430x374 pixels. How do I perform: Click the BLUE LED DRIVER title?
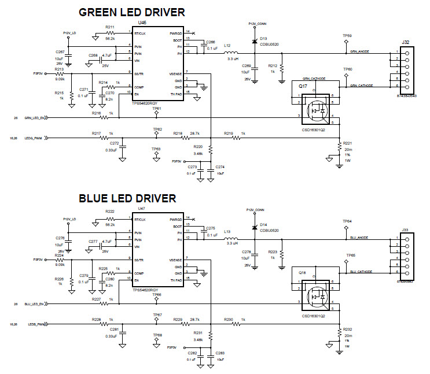coord(127,198)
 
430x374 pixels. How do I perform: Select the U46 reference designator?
coord(142,23)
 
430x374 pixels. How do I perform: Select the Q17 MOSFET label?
coord(302,86)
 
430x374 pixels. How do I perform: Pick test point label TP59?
coord(347,35)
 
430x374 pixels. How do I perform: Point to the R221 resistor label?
coord(347,142)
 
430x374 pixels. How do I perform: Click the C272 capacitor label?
coord(113,143)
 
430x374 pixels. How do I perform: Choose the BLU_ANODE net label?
coord(359,237)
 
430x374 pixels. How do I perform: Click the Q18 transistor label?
coord(302,272)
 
